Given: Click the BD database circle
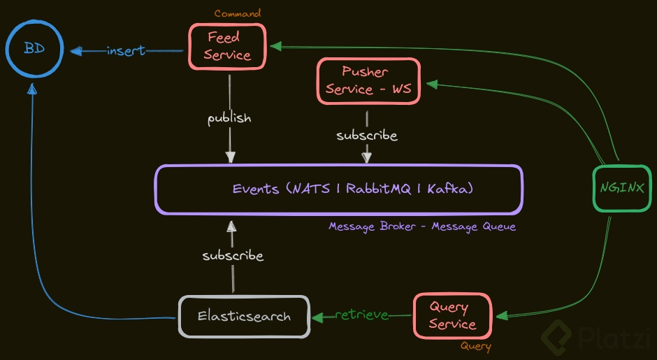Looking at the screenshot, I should [x=34, y=49].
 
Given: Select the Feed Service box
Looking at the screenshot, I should [x=228, y=46].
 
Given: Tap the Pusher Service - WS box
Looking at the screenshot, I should [x=368, y=80].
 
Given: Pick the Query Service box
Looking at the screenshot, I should [x=452, y=315].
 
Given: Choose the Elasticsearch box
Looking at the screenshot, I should [x=244, y=317].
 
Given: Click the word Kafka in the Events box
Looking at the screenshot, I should [x=452, y=189].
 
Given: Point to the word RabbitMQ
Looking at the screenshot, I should [x=377, y=189].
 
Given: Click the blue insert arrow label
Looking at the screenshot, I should [x=126, y=50].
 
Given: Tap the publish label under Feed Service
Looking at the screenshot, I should [x=229, y=117].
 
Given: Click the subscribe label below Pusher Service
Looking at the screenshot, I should [x=367, y=135].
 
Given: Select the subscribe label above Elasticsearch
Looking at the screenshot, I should [x=233, y=256].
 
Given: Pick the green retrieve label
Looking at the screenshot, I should [x=361, y=315].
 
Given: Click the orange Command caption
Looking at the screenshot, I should [x=238, y=13].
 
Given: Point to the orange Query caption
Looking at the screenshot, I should [x=475, y=346].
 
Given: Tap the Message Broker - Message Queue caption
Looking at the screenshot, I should [x=422, y=226].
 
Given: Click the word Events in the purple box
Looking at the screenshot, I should [x=256, y=189].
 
